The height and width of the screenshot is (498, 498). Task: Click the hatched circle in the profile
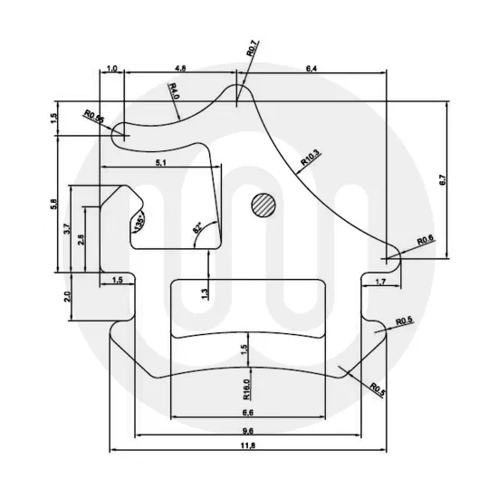point(263,205)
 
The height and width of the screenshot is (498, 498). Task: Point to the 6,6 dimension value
point(248,411)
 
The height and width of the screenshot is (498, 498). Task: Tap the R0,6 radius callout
point(426,240)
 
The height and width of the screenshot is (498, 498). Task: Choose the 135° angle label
point(139,224)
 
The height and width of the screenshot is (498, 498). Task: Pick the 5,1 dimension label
point(161,162)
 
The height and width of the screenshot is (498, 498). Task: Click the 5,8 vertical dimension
point(55,204)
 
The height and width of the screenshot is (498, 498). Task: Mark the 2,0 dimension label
point(67,298)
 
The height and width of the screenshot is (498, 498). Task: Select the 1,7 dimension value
point(380,283)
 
